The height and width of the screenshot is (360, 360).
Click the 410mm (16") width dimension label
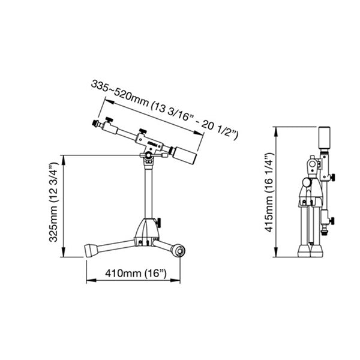pos(135,274)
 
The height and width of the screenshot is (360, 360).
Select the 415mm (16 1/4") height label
pos(268,191)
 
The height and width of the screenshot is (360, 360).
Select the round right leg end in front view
pos(178,250)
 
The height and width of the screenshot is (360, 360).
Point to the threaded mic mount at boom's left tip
pos(95,125)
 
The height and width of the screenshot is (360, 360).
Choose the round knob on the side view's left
pos(306,182)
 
